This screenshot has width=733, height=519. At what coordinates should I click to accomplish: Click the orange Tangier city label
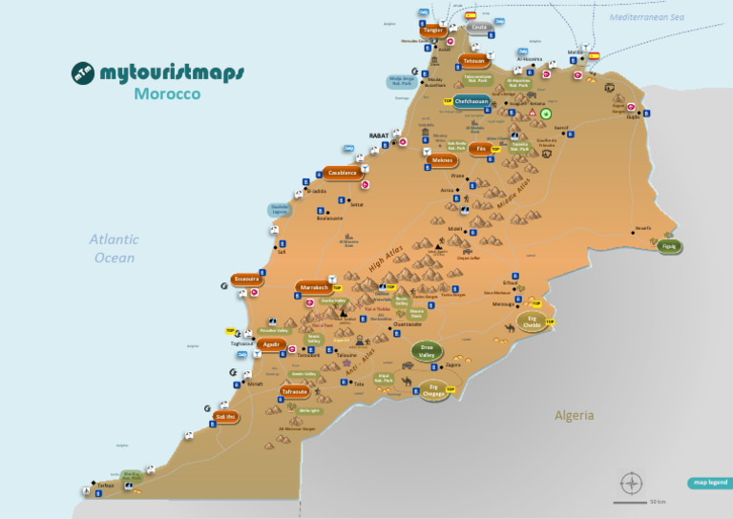point(433,31)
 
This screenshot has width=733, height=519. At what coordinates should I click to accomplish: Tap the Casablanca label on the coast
point(342,173)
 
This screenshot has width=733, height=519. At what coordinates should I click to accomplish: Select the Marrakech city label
point(314,286)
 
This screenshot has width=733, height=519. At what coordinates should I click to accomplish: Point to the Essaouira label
point(246,280)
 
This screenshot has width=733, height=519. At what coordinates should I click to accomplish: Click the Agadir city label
point(271,345)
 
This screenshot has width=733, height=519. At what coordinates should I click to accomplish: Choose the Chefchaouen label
point(471,100)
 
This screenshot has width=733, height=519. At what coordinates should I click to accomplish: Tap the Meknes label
point(442,160)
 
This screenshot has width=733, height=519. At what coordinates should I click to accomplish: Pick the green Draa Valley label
point(426,351)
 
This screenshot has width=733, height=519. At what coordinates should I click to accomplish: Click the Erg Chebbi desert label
point(532,322)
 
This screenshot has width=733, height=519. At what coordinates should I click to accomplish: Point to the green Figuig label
point(668,245)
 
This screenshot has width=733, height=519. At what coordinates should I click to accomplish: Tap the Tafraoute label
point(295,391)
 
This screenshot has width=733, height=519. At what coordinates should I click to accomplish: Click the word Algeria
point(575,415)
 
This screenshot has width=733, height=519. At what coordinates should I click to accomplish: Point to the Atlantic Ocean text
point(115,249)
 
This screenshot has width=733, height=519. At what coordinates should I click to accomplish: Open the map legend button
point(709,483)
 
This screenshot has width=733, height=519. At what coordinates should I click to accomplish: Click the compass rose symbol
point(629,482)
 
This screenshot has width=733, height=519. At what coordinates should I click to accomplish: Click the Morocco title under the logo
point(167,94)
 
